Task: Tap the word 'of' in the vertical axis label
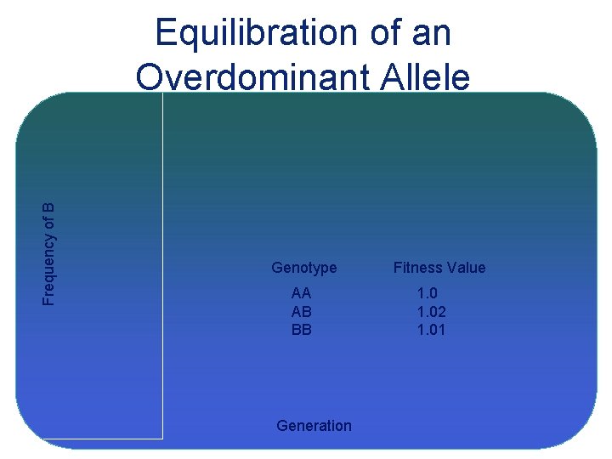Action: coord(49,222)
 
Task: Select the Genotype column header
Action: coord(303,268)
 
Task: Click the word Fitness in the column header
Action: coord(415,268)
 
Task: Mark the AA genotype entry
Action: coord(302,294)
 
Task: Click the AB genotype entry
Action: coord(302,312)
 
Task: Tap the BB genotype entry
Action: coord(302,330)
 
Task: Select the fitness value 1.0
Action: coord(427,294)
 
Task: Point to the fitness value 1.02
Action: coord(431,312)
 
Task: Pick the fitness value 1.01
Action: coord(431,330)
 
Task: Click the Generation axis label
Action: coord(314,426)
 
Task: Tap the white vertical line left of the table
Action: coord(162,263)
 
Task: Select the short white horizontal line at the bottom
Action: coord(102,439)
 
